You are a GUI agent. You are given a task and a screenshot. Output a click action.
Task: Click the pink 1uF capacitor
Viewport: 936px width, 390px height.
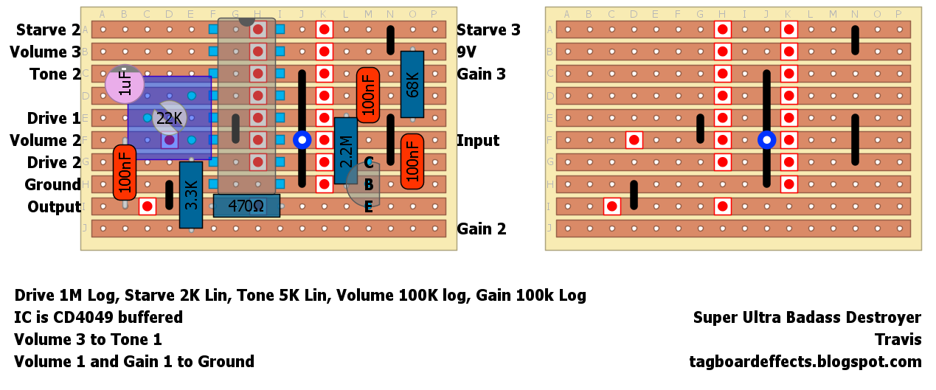(125, 84)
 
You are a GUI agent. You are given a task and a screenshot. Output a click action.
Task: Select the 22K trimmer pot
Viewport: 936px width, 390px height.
(169, 118)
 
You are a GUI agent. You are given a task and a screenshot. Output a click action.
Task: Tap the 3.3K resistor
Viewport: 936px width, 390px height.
(191, 195)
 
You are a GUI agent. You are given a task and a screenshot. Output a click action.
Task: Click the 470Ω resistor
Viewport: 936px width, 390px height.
(246, 206)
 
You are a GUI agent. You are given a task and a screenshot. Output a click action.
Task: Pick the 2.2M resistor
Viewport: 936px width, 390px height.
(345, 150)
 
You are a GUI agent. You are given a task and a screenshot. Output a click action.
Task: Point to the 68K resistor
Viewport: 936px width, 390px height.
(412, 84)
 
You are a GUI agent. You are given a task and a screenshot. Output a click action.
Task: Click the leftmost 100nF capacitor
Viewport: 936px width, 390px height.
(125, 173)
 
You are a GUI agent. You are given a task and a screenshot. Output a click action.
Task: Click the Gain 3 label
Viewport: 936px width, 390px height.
(482, 74)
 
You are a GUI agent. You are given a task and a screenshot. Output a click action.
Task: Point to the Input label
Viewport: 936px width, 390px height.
(478, 141)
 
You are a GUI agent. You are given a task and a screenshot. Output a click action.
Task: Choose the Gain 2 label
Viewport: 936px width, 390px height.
(482, 229)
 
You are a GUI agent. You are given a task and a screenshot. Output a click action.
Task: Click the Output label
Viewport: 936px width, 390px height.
(54, 207)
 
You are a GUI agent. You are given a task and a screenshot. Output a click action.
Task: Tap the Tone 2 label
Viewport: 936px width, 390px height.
(55, 74)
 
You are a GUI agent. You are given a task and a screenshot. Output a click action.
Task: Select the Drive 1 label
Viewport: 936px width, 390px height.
(54, 119)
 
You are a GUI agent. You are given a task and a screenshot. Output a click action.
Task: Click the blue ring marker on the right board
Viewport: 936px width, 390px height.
(767, 139)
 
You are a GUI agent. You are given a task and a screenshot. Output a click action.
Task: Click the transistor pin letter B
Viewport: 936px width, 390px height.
(369, 185)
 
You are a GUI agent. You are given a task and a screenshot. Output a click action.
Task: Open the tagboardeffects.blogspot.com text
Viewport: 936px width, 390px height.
(805, 362)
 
